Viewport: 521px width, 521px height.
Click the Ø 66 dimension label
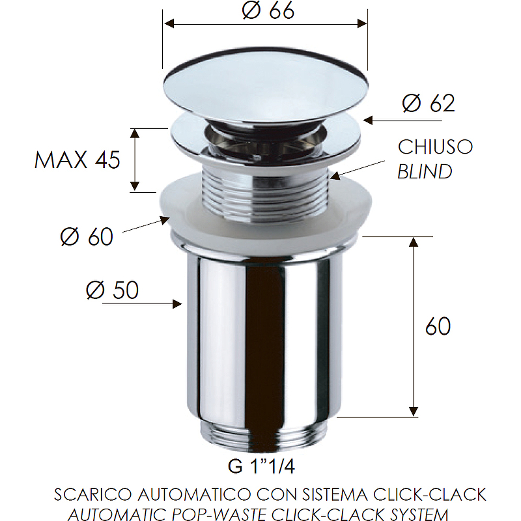coord(268,10)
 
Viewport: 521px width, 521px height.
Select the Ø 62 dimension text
coord(428,104)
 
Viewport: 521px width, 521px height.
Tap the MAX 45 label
coord(77,160)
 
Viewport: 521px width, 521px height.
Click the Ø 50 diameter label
coord(112,290)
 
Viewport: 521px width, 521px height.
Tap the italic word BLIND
coord(424,172)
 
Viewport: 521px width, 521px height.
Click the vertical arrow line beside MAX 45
coord(135,160)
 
